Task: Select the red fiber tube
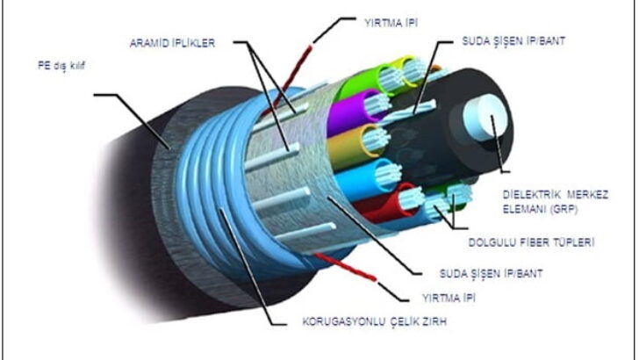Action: click(x=391, y=203)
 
